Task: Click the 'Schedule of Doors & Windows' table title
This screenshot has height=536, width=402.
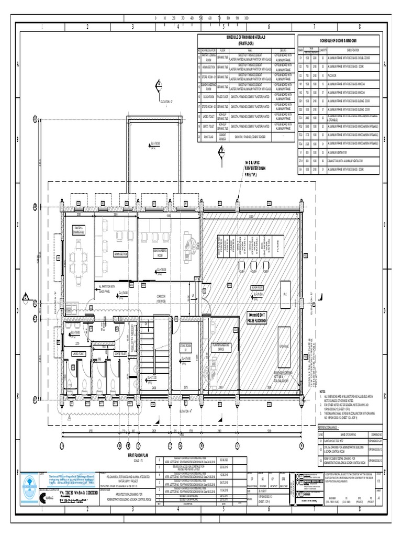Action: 339,41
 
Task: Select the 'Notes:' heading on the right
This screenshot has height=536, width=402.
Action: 322,391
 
